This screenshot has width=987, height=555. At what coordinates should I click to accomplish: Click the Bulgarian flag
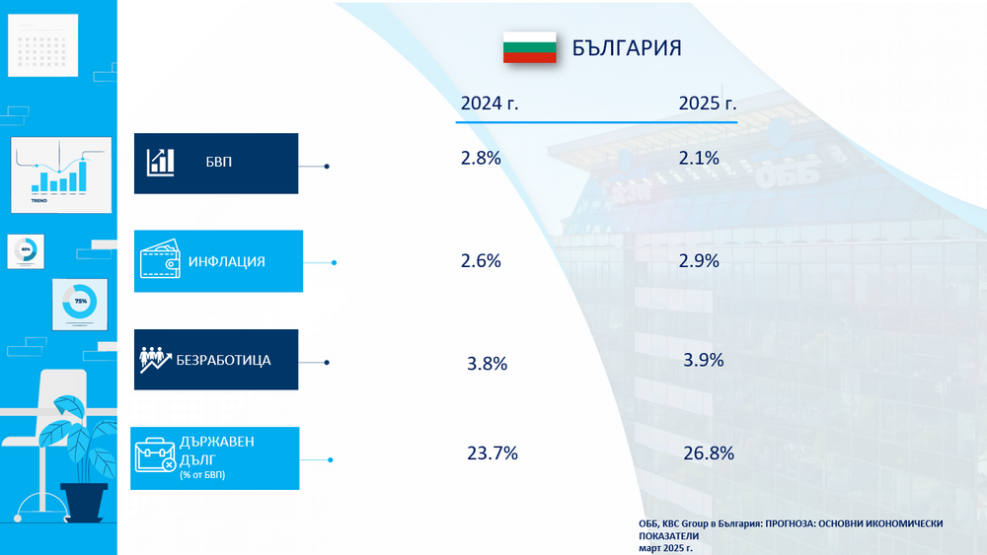pos(529,47)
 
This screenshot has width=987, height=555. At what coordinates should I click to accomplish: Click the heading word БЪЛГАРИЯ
pos(627,48)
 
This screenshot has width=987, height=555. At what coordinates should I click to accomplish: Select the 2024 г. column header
pos(490,104)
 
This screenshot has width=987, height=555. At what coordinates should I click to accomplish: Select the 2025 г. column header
pos(708,104)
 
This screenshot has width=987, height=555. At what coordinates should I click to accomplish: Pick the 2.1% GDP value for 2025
pos(699,158)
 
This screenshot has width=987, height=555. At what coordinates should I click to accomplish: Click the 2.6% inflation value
pos(481,261)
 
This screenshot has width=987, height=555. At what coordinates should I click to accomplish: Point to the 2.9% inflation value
pos(699,261)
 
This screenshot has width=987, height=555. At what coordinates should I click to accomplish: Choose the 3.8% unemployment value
pos(487,364)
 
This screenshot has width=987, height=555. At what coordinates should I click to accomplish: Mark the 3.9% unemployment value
pos(703,360)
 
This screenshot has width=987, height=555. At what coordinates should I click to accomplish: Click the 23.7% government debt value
pos(492,453)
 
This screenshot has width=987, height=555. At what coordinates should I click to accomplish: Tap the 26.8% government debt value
pos(709,453)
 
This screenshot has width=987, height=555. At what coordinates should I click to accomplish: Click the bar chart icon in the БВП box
pos(161,163)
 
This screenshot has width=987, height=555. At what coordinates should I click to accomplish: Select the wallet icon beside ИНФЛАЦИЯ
pos(160,261)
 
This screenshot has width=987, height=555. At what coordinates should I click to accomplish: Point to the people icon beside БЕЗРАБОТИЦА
pos(156,360)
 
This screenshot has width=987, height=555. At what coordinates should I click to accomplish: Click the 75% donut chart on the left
pos(80,301)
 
